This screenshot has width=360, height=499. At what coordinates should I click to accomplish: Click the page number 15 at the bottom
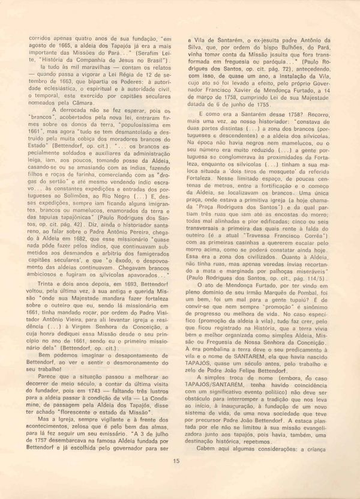click(176, 461)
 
